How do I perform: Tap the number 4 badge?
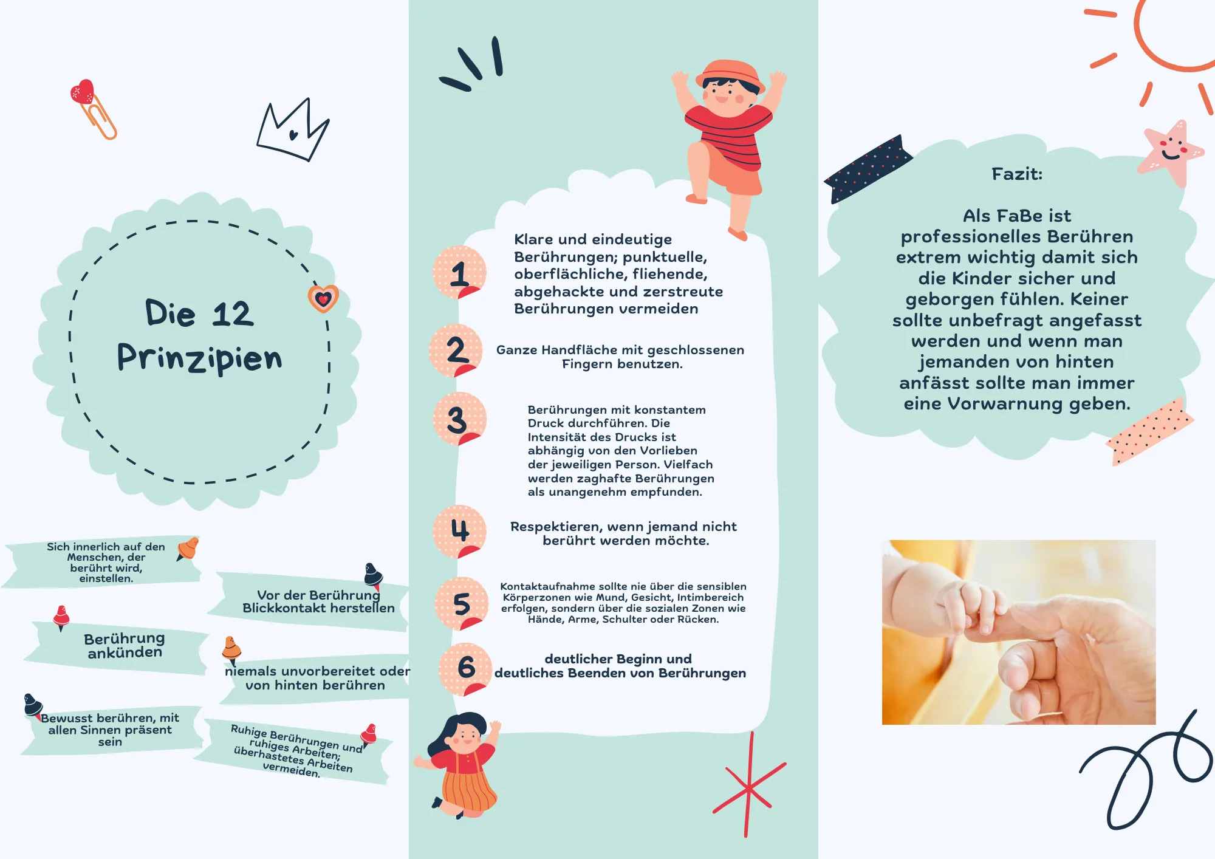click(x=459, y=532)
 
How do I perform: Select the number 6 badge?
click(x=465, y=669)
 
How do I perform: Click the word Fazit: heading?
click(x=1017, y=174)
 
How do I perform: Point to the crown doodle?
click(x=293, y=130)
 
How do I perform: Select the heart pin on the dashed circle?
click(x=323, y=298)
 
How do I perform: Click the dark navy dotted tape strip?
click(x=868, y=169)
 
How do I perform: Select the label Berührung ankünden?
click(x=125, y=645)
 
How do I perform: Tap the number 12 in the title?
click(x=233, y=314)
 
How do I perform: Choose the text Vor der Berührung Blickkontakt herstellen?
click(x=318, y=601)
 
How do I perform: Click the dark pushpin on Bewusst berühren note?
click(x=33, y=705)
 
